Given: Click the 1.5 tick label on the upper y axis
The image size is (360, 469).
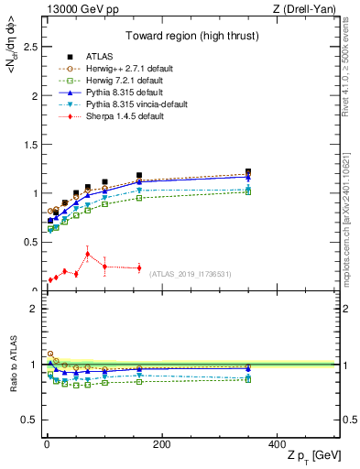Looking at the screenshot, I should [27, 145].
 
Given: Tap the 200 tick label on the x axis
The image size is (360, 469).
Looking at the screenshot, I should [161, 444].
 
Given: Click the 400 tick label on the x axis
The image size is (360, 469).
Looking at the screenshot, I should [278, 444].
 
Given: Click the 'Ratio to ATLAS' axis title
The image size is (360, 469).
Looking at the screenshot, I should [11, 365].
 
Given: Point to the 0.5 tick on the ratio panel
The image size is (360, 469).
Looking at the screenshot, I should [27, 420].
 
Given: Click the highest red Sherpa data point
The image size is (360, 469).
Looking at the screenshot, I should [87, 254].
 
